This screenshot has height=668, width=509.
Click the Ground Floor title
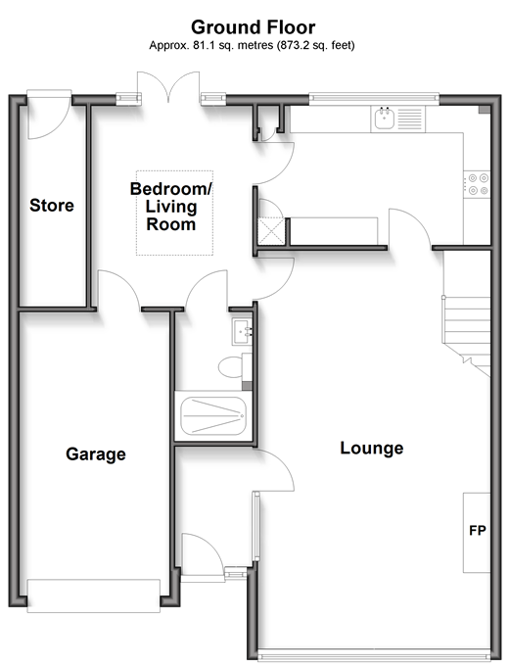[254, 27]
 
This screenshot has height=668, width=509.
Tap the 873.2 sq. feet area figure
[316, 45]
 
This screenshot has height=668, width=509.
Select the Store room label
[52, 206]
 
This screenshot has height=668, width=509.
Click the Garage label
[96, 454]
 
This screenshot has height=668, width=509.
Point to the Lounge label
[372, 449]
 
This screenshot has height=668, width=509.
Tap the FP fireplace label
[478, 531]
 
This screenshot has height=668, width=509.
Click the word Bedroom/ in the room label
[170, 189]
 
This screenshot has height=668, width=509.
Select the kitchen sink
[386, 119]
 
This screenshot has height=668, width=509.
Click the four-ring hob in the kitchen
[477, 184]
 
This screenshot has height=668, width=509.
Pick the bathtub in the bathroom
[213, 416]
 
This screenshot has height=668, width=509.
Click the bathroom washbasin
[242, 331]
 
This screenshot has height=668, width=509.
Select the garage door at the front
[94, 596]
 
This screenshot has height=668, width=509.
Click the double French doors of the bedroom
[169, 87]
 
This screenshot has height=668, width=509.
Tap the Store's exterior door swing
[49, 115]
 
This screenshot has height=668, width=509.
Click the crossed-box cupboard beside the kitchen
[271, 231]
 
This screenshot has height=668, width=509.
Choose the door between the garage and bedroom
[118, 289]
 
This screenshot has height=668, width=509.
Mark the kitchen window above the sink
[374, 98]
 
